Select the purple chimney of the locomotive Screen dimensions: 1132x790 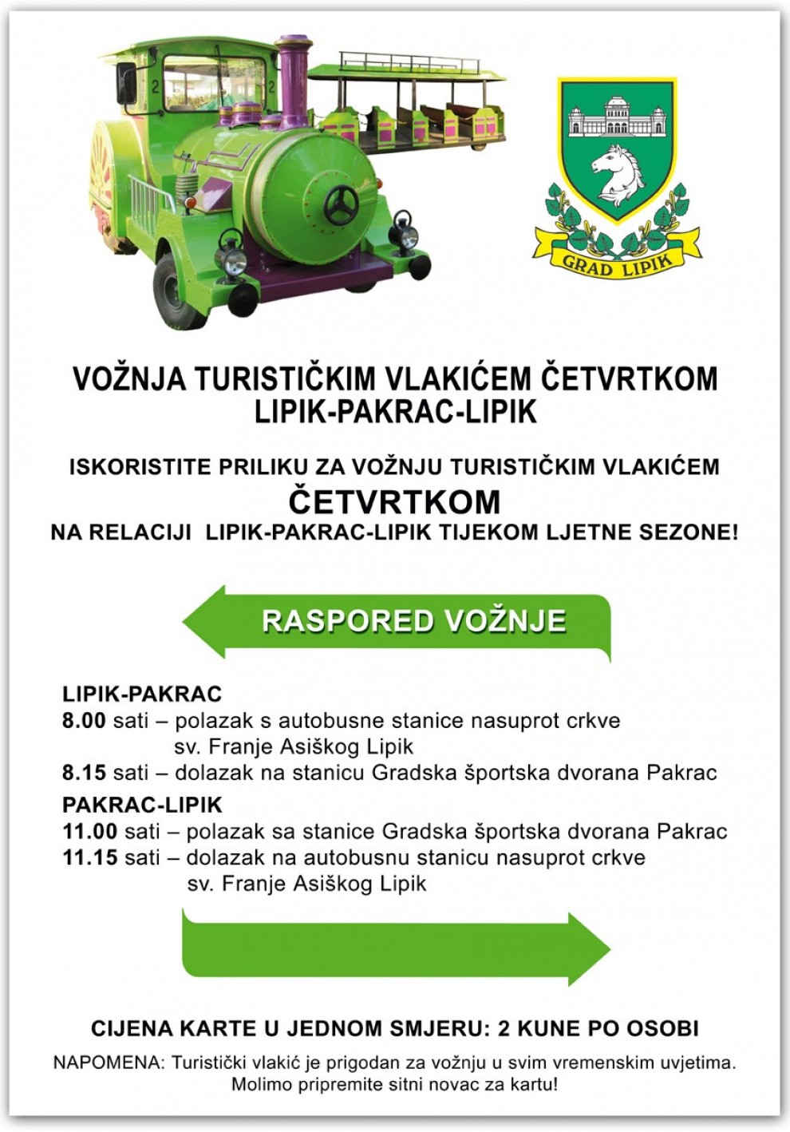click(294, 76)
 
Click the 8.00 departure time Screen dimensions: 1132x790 click(84, 720)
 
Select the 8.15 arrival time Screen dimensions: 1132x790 click(84, 773)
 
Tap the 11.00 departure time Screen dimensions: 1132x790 click(89, 831)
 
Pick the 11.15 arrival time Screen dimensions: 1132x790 click(89, 857)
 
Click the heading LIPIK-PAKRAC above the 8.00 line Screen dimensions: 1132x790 click(142, 694)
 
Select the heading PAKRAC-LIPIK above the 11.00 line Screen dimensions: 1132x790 click(142, 805)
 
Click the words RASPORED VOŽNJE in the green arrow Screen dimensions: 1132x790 click(413, 621)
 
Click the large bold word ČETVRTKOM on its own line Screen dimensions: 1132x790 click(394, 502)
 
